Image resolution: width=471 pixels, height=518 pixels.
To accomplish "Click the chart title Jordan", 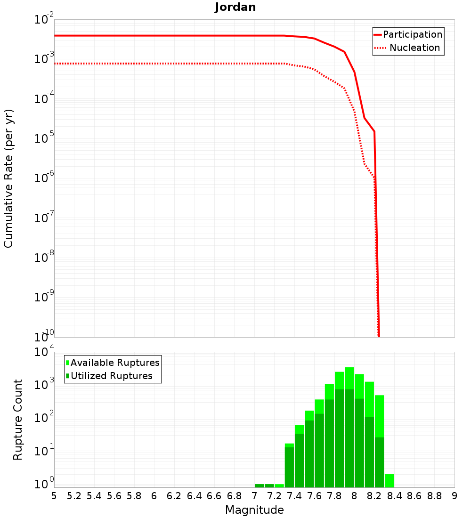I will tap(235, 7).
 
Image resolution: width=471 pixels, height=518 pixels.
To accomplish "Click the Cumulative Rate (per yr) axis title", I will tap(8, 178).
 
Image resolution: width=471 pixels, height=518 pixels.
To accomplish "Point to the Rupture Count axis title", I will tap(18, 420).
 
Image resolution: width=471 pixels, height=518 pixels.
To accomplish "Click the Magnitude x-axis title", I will tap(254, 510).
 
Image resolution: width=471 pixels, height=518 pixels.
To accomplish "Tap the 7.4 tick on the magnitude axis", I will tap(294, 496).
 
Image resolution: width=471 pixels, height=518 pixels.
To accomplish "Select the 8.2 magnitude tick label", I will tap(374, 496).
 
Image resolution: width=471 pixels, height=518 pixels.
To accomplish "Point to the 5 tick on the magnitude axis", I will tap(54, 496).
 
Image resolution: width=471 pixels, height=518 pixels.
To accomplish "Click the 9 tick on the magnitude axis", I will tap(455, 496).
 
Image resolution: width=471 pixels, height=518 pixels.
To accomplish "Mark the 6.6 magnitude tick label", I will tap(214, 496).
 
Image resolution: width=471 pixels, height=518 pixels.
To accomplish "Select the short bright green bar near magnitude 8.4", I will tap(389, 480).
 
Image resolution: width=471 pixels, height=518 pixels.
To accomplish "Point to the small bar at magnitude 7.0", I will tap(259, 486).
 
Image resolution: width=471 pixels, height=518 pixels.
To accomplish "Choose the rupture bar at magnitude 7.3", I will tap(289, 465).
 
